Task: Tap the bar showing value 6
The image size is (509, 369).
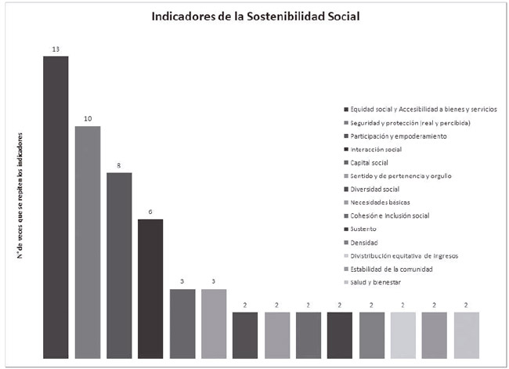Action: (150, 289)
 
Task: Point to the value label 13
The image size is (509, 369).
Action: (56, 49)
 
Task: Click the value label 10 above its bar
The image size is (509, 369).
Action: (88, 119)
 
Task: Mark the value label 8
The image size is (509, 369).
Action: (119, 166)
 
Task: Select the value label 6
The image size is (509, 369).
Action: (150, 212)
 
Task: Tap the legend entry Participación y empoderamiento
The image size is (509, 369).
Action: (399, 136)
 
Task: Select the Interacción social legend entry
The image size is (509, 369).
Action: (376, 150)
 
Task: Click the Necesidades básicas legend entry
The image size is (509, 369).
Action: (379, 203)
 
